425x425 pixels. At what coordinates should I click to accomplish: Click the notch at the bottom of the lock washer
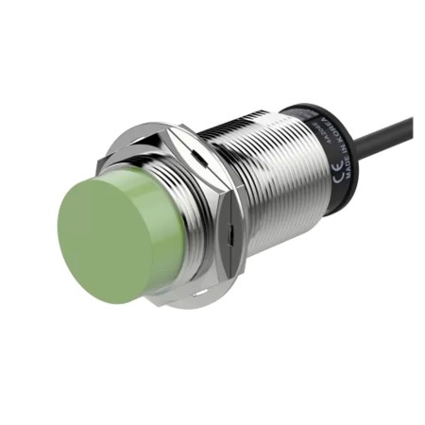click(198, 295)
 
